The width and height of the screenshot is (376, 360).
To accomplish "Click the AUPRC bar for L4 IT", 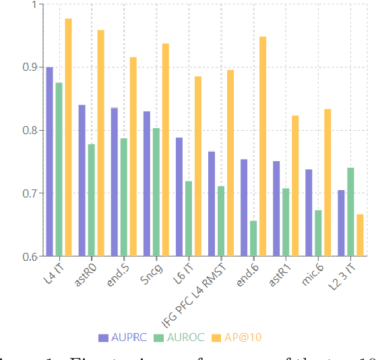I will (49, 162).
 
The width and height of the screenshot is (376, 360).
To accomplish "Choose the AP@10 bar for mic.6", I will (327, 183).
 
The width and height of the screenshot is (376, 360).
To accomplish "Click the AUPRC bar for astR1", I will (276, 208).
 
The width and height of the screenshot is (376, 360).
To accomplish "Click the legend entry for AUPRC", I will (121, 337).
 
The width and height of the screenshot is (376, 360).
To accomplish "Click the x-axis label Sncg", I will (148, 268).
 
